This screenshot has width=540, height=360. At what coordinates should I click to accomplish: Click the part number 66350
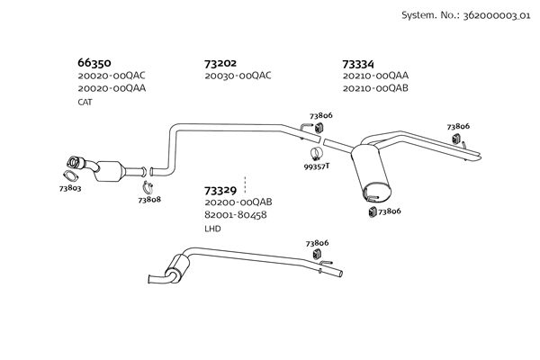click(94, 64)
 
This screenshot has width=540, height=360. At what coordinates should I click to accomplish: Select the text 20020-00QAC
click(112, 76)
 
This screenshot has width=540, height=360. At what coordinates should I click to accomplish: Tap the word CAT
click(85, 102)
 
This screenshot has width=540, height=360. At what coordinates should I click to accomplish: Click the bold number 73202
click(220, 64)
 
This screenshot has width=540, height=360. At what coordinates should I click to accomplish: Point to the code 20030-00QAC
click(238, 76)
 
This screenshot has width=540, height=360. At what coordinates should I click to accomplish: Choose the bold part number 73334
click(358, 64)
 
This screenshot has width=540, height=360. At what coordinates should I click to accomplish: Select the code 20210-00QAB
click(375, 89)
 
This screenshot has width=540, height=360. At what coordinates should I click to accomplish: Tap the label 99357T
click(316, 166)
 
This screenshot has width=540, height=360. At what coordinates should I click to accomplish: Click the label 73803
click(70, 188)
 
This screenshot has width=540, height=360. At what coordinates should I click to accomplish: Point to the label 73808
click(149, 199)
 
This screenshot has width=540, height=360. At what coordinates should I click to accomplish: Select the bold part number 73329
click(220, 190)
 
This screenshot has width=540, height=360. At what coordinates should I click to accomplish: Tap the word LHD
click(212, 229)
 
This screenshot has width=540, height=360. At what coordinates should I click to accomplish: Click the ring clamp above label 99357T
click(317, 151)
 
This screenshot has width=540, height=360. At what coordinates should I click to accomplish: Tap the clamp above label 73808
click(149, 186)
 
